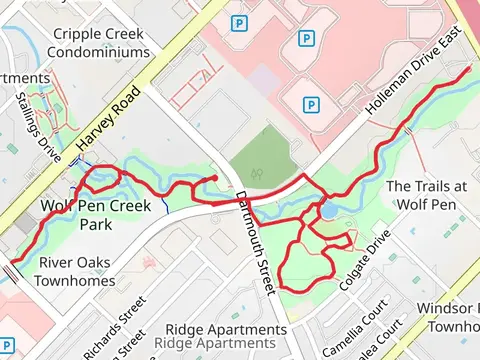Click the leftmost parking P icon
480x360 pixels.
coord(239,22)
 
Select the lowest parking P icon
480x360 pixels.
coord(311,103)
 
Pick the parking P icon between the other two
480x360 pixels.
coord(306,38)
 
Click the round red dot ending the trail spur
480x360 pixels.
coord(214,179)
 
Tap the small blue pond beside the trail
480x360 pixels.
coord(329,211)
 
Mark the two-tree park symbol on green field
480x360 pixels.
coord(258,171)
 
